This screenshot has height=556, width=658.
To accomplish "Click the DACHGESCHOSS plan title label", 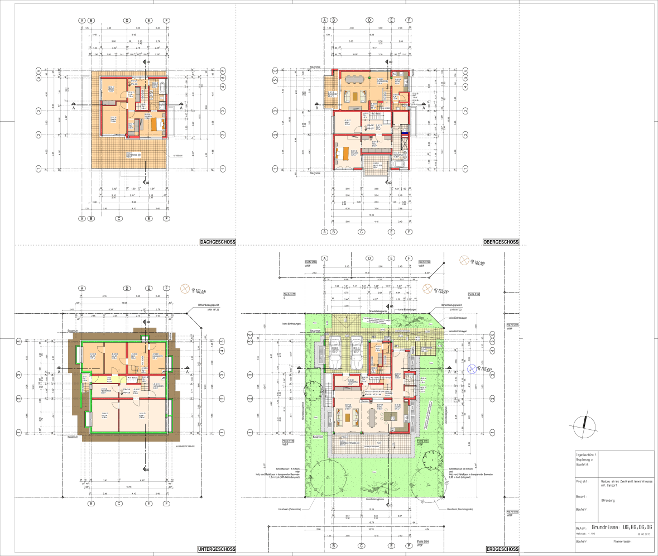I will click(218, 242).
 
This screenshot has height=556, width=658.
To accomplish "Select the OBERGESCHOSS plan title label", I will click(501, 242).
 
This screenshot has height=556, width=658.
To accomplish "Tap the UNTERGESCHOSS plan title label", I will click(217, 549).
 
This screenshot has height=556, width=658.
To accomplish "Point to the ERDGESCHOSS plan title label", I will click(502, 549).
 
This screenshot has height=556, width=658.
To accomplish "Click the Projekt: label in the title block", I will click(581, 481).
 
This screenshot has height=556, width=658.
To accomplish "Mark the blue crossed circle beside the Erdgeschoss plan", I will click(472, 368).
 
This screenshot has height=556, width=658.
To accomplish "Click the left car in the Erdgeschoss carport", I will click(335, 353).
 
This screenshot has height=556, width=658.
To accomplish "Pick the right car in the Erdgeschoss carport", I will click(356, 353).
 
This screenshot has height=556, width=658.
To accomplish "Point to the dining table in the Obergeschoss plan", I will click(353, 79).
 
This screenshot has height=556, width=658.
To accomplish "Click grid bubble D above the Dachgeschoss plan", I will click(127, 20).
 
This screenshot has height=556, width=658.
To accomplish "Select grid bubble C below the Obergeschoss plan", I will click(362, 231).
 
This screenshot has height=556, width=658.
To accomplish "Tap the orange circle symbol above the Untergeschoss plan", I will click(184, 288).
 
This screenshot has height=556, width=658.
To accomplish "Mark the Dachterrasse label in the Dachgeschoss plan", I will click(132, 155).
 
